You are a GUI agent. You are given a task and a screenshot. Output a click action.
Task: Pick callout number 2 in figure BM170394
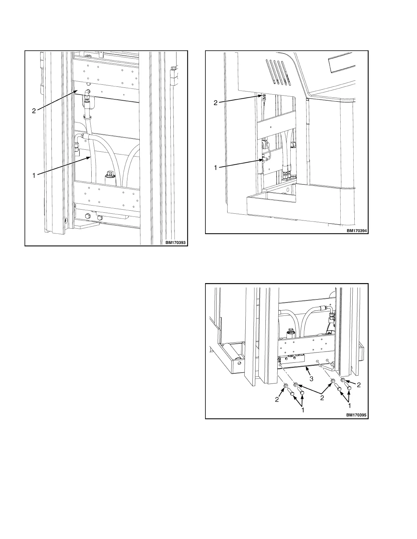(x=215, y=103)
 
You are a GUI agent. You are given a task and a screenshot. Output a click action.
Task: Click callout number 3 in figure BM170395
(x=311, y=379)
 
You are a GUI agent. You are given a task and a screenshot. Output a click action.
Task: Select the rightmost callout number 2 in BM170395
(x=358, y=385)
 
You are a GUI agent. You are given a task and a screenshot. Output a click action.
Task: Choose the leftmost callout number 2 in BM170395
(x=277, y=399)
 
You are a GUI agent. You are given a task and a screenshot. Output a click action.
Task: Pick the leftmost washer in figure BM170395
(x=285, y=386)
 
